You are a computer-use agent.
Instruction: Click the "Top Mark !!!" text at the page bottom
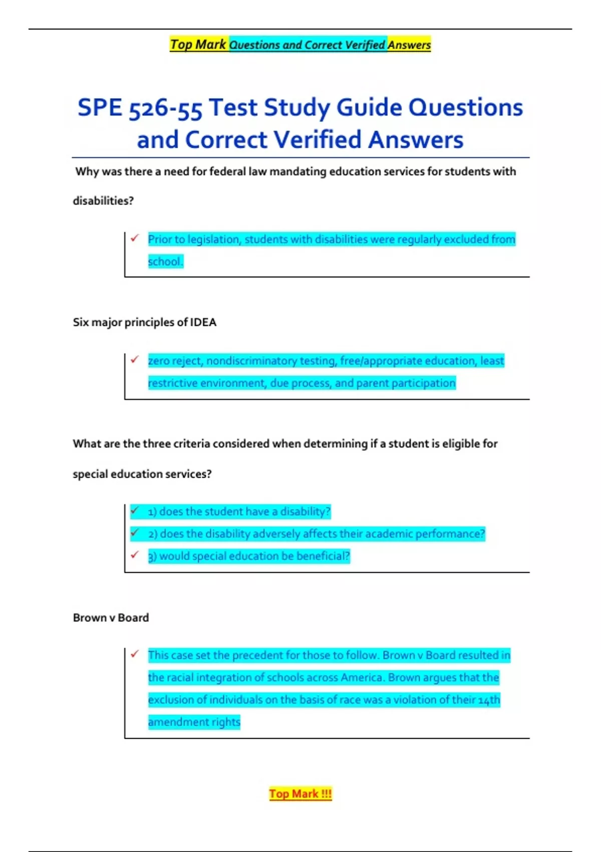point(300,794)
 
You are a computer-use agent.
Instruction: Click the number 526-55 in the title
point(165,108)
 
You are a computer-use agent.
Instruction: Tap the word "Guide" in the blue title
point(369,108)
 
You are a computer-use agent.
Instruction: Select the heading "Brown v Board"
point(111,617)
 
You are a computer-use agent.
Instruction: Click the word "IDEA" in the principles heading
point(203,322)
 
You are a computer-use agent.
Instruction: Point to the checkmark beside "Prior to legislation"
point(135,238)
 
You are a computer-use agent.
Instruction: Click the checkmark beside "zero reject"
point(135,359)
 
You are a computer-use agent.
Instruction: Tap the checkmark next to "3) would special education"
point(135,555)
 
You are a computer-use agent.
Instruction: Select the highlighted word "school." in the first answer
point(165,262)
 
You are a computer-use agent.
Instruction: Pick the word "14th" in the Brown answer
point(489,700)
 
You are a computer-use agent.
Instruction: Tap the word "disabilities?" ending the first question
point(103,201)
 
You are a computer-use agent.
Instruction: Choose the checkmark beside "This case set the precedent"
point(135,654)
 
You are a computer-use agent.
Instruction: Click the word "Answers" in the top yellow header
point(409,45)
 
